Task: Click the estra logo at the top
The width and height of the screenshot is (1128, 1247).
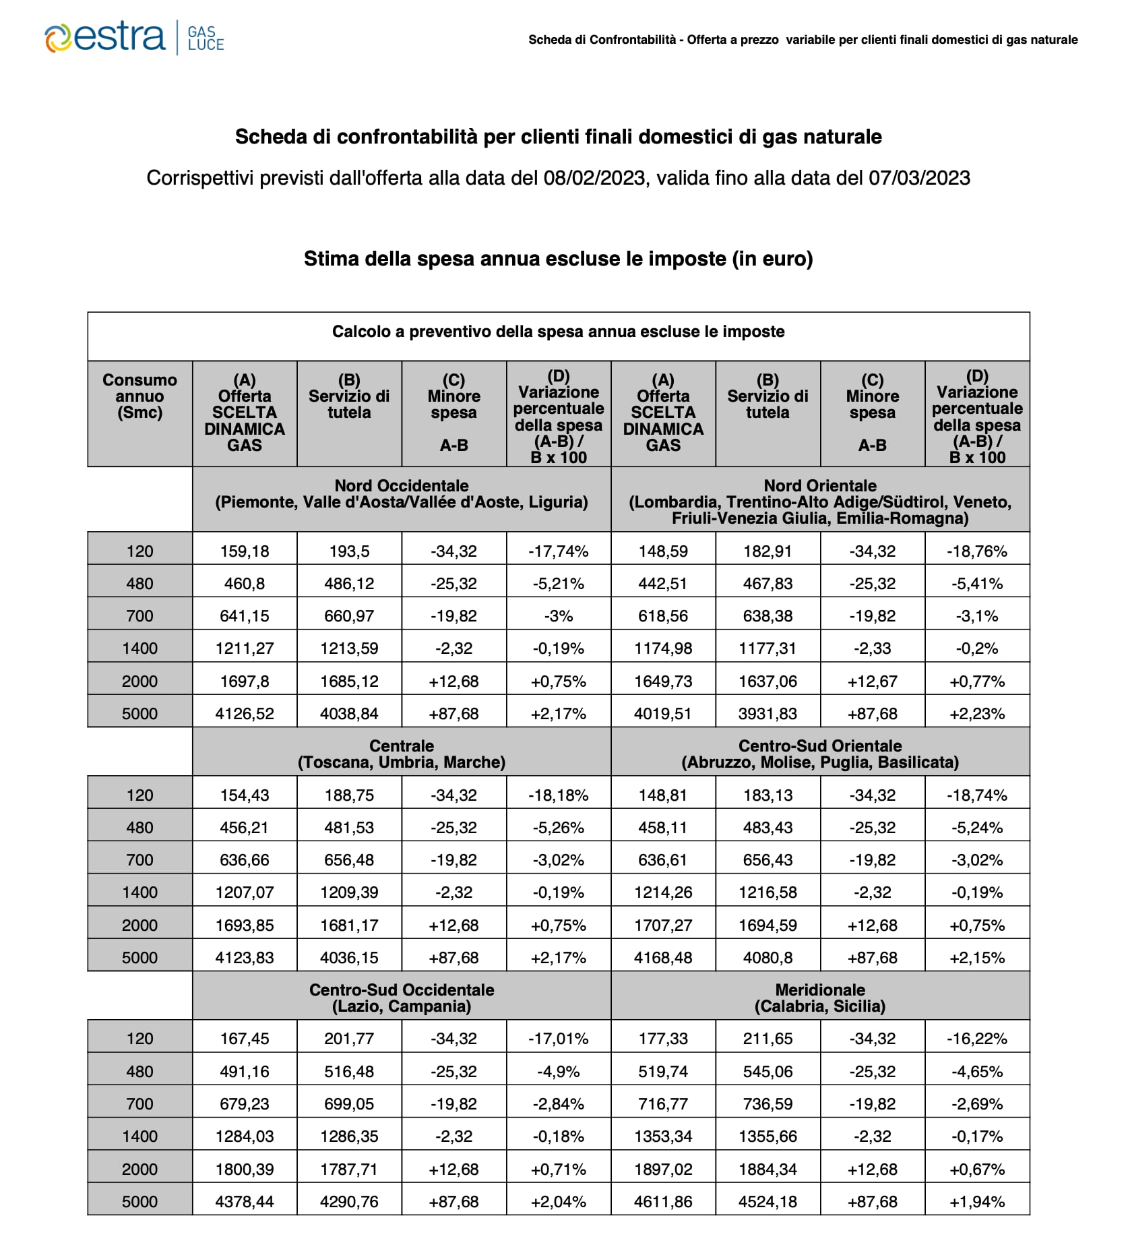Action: [x=133, y=38]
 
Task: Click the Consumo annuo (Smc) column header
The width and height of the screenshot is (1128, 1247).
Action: [x=139, y=396]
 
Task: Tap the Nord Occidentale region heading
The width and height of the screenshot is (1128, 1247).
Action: [x=402, y=493]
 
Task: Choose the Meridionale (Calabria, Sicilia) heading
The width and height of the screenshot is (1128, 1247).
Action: [x=819, y=998]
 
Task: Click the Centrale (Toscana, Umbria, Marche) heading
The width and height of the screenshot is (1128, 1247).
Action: [x=402, y=754]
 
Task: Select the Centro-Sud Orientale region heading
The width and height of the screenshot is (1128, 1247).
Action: [x=819, y=754]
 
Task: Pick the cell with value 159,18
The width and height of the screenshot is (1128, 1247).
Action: [x=245, y=551]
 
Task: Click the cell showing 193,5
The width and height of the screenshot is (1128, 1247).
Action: [x=349, y=551]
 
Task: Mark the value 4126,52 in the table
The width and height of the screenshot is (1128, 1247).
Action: [x=245, y=713]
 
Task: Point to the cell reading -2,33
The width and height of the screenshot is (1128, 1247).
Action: [x=872, y=648]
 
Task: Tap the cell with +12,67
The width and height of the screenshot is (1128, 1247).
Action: [x=872, y=681]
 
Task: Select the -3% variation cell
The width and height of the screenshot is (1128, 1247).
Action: [x=559, y=616]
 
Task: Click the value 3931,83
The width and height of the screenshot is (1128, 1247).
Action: [x=767, y=713]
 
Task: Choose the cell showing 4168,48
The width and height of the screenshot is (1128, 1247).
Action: [x=663, y=957]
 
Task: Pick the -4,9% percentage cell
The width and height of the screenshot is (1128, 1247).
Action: [x=559, y=1072]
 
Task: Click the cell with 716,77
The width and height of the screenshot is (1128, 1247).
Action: [x=663, y=1104]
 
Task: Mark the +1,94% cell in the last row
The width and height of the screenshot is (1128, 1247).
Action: [x=977, y=1201]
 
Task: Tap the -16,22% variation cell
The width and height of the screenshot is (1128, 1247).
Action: [x=977, y=1039]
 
